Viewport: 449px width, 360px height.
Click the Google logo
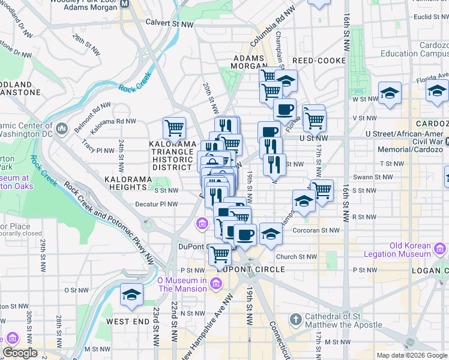[20, 353]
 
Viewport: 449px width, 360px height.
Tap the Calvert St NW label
[170, 23]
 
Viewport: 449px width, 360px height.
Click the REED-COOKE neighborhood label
[319, 61]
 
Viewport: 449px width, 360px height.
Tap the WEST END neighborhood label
[127, 322]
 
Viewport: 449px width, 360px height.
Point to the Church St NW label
[297, 257]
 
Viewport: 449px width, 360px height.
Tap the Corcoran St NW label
[312, 230]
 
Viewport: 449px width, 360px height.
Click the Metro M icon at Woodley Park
[125, 4]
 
